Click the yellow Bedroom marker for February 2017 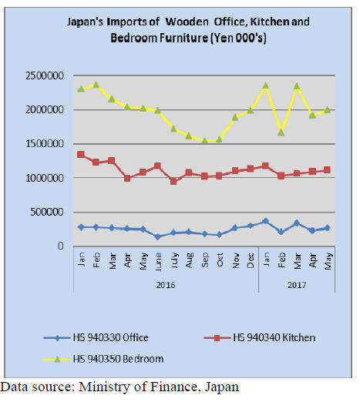pos(281,132)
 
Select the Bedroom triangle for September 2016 pos(204,140)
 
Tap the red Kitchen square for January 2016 pos(81,154)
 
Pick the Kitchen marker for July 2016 pos(173,181)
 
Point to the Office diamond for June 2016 pos(158,236)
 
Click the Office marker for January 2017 pos(266,221)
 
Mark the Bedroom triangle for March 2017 pos(297,86)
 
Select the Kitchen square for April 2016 pos(127,178)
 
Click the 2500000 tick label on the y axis pos(45,76)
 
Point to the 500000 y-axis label pos(47,212)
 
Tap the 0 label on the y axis pos(61,246)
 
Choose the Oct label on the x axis pos(220,260)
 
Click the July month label pos(174,260)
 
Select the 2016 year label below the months pos(166,285)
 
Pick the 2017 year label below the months pos(297,285)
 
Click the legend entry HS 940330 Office pos(96,337)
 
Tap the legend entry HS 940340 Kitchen pos(260,337)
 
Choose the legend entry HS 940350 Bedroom pos(103,359)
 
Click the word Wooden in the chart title pos(187,22)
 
